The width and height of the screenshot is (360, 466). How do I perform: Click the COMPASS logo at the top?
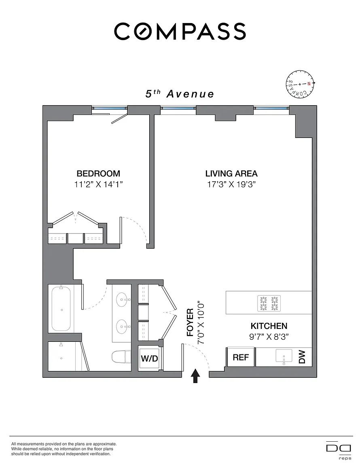coord(180,32)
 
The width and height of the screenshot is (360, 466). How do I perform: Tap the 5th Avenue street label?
coord(180,94)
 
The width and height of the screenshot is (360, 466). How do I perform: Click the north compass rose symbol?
coord(300,84)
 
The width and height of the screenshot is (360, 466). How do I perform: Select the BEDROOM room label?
coord(98,173)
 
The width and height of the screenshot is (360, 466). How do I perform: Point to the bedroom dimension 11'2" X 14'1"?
coord(98,184)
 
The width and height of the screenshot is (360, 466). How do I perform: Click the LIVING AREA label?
coord(231,173)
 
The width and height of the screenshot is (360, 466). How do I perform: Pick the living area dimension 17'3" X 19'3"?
coord(231,184)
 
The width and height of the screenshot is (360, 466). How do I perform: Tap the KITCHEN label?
coord(269,326)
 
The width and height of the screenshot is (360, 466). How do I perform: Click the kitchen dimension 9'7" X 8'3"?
coord(269,337)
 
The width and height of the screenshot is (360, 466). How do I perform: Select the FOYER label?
coord(190,322)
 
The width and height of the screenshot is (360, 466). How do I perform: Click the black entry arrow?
coord(195,376)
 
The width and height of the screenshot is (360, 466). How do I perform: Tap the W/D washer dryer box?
coord(149,358)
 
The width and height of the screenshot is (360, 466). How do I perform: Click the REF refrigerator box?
coord(241,357)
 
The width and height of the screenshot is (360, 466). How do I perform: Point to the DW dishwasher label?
coord(302,357)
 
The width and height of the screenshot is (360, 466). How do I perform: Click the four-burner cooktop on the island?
coord(269,303)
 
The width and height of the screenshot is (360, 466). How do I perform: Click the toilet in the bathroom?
coord(121,357)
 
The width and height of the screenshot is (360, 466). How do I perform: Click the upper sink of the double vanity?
coord(123,300)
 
